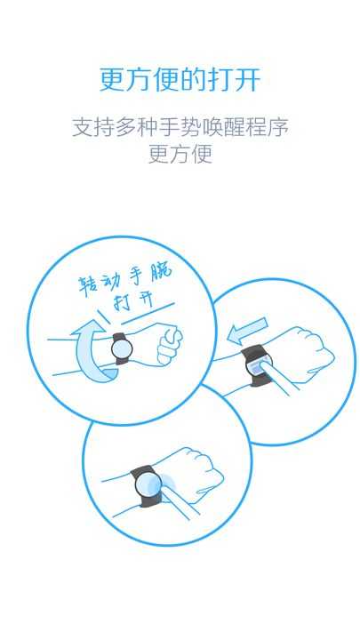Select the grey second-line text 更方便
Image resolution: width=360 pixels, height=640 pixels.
coord(180,154)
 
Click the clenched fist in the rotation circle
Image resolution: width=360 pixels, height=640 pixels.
coord(169,345)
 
